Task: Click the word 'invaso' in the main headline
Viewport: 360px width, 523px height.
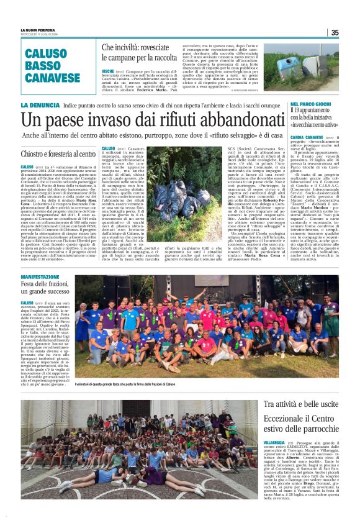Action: tap(99, 120)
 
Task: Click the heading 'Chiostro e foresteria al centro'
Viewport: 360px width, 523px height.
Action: tap(58, 153)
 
